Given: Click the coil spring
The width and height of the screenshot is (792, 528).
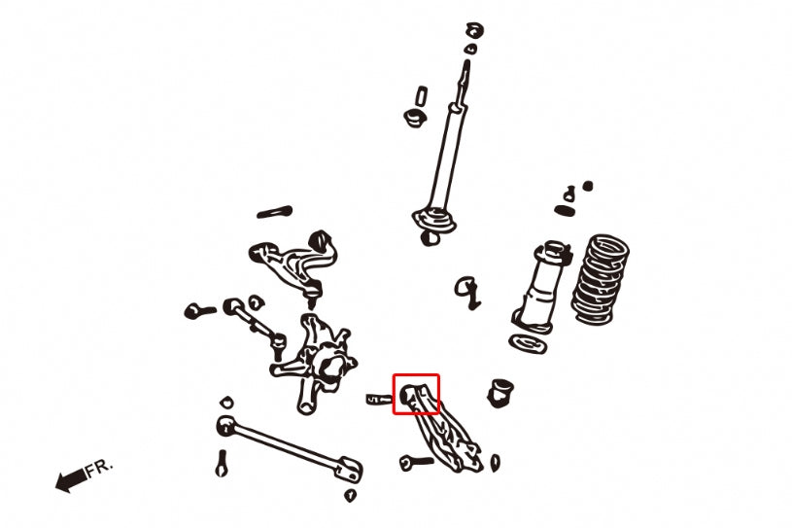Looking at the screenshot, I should tap(601, 278).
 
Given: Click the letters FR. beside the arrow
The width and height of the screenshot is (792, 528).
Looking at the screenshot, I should tap(99, 469).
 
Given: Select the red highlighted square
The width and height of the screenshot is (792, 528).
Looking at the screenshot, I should tap(416, 395).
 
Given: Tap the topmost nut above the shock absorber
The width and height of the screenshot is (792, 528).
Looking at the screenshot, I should tap(473, 27).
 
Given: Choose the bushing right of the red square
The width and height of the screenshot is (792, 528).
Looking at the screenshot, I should tap(500, 390).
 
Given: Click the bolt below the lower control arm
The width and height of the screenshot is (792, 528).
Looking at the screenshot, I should tap(415, 461).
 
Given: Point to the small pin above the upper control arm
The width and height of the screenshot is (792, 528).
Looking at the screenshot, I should tap(275, 211).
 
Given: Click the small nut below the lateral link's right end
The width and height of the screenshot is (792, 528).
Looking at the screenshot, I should tap(350, 495).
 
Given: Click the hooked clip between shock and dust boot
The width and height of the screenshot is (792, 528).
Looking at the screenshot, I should tap(467, 290).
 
